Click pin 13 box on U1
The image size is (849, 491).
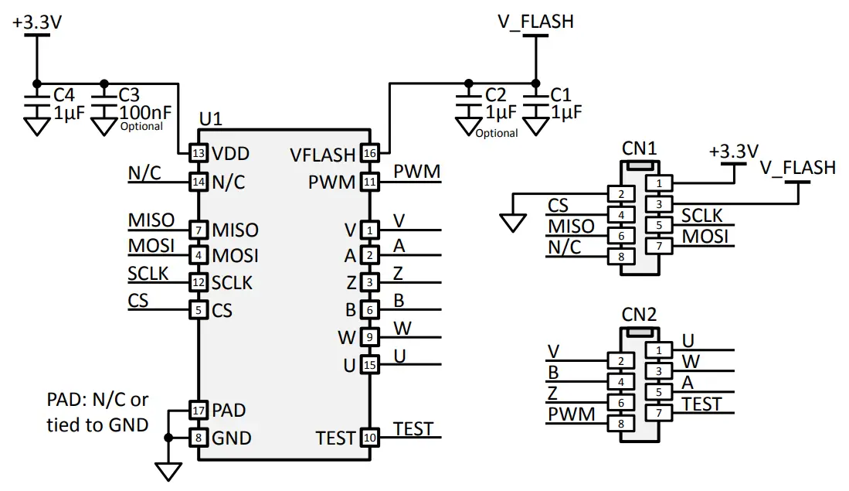199,154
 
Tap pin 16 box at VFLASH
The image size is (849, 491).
370,154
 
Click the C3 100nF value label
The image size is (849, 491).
145,112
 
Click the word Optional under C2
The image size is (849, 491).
496,133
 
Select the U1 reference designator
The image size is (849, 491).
211,120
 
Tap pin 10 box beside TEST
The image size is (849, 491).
370,438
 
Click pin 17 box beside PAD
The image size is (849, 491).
199,410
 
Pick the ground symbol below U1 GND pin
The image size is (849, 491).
168,470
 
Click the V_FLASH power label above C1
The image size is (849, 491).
535,22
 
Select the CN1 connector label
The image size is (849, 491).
639,148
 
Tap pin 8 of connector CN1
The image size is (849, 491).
620,256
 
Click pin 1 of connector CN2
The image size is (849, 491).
659,349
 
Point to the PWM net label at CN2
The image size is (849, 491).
572,414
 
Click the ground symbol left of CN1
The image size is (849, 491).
510,223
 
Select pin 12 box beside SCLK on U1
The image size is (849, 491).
199,282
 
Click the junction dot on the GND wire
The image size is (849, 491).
168,438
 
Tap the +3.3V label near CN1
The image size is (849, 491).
734,152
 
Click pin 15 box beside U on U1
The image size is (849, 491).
370,364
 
